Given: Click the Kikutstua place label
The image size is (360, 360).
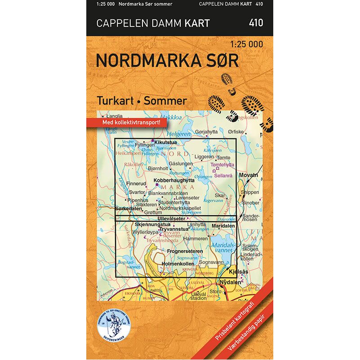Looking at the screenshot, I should point(165,142).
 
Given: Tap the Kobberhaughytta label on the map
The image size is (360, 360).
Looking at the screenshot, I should point(174,180).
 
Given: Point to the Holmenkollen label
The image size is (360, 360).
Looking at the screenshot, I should point(178,264).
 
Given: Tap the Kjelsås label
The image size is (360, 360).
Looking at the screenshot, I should point(238,272).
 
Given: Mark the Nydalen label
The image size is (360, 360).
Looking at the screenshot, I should point(230,282).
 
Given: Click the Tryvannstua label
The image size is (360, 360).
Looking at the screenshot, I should point(173,229).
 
